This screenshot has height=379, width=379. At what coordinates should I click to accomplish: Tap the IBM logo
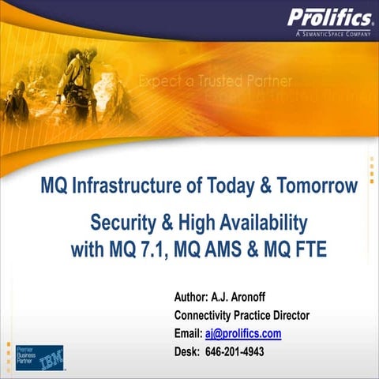coord(52,358)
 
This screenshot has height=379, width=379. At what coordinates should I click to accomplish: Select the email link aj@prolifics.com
coord(243,333)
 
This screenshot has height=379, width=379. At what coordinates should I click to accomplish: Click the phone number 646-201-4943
coord(235,351)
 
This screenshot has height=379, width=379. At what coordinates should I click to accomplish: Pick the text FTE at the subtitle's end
coord(307,250)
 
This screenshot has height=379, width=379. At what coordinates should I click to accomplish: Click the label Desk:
coord(187,351)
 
